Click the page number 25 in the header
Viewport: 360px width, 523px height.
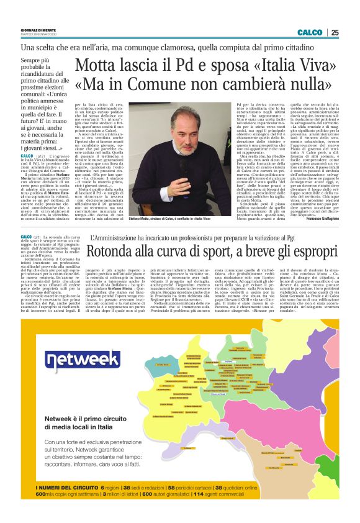point(335,32)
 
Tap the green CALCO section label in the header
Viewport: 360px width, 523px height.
point(310,32)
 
